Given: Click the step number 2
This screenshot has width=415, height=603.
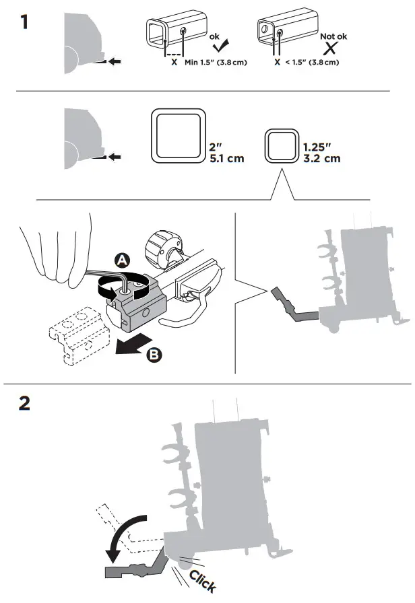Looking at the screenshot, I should coord(25,403).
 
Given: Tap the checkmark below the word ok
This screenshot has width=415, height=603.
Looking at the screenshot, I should coord(219,46).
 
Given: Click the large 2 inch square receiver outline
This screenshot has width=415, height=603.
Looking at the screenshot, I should coord(177,135).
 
